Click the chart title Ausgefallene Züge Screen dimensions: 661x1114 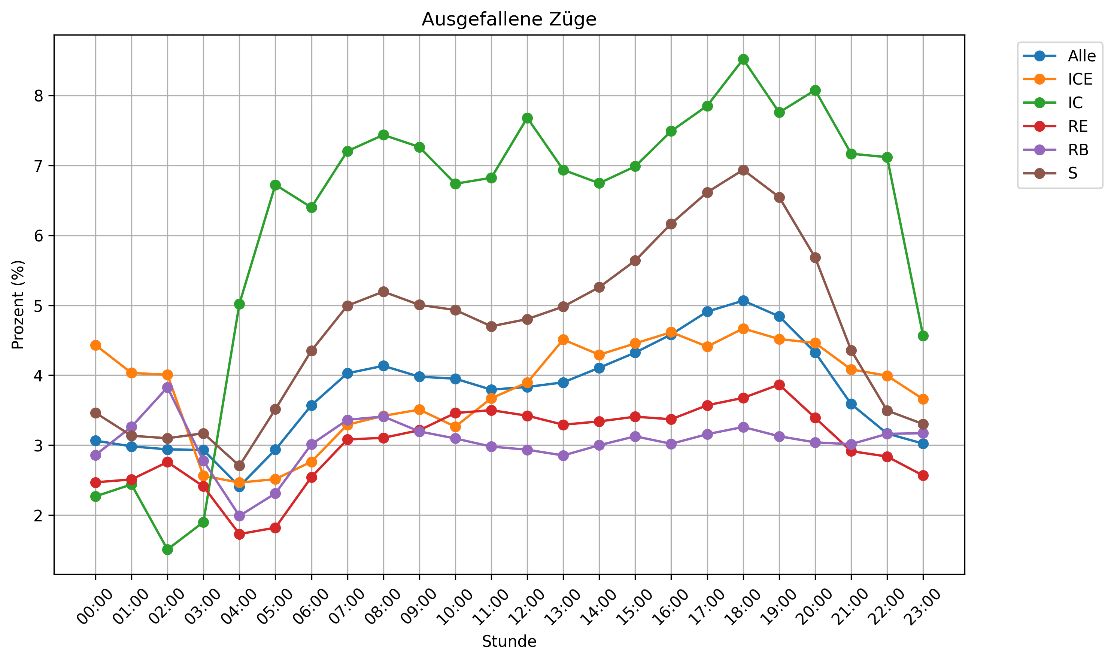[509, 19]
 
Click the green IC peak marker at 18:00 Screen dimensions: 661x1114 [743, 59]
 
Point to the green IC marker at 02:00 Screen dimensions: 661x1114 [167, 549]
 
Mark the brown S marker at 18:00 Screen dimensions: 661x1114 [743, 170]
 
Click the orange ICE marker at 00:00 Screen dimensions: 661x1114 [95, 345]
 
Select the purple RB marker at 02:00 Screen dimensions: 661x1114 [167, 387]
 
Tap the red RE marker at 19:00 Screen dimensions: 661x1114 [779, 385]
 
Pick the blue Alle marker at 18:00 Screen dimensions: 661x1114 [743, 301]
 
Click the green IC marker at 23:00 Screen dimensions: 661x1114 [923, 336]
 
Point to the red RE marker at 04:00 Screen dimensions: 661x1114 [239, 534]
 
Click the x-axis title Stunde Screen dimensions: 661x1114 [509, 642]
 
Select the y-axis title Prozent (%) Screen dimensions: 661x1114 [18, 305]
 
